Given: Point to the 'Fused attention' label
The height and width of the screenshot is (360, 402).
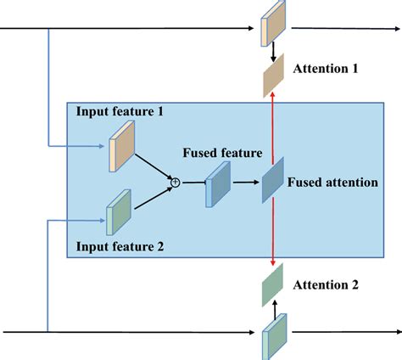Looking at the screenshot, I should [332, 182].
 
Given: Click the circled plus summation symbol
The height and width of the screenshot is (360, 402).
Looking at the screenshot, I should [176, 181].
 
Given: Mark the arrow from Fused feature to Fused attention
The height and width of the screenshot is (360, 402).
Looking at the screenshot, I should [245, 182].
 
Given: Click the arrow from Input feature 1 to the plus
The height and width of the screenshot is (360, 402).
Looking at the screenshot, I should [153, 165].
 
